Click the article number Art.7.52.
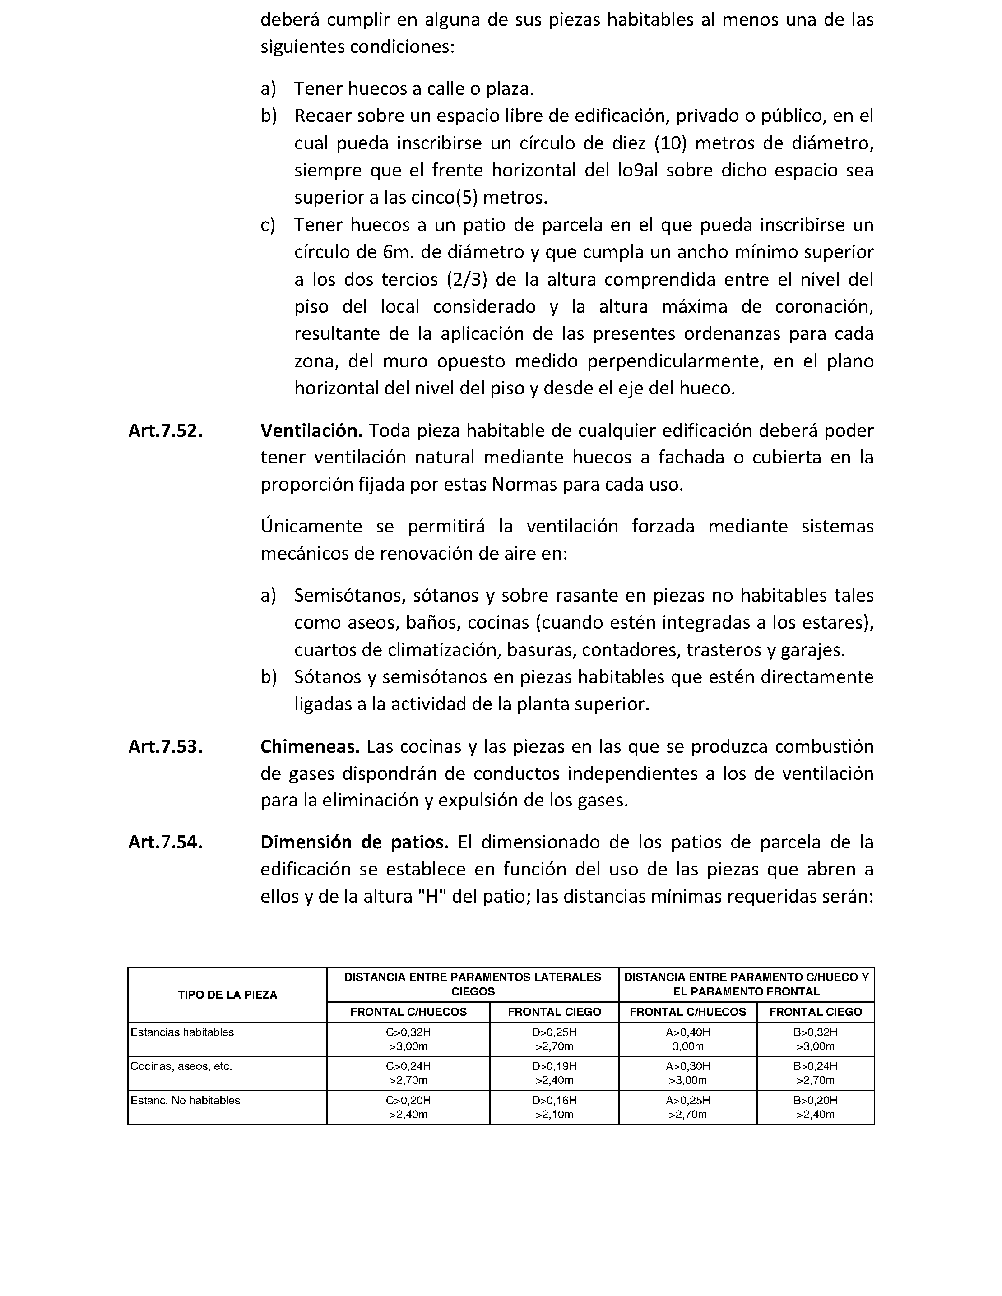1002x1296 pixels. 165,431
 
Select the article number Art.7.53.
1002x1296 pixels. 165,746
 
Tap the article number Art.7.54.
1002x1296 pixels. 165,842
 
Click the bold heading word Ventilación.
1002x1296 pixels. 311,431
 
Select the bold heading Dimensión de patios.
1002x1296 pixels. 354,842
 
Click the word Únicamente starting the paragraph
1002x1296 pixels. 311,526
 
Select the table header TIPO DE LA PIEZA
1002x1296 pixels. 227,995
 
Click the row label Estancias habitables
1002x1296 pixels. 182,1032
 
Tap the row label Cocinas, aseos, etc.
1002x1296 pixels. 181,1066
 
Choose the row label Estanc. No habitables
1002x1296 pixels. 185,1100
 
